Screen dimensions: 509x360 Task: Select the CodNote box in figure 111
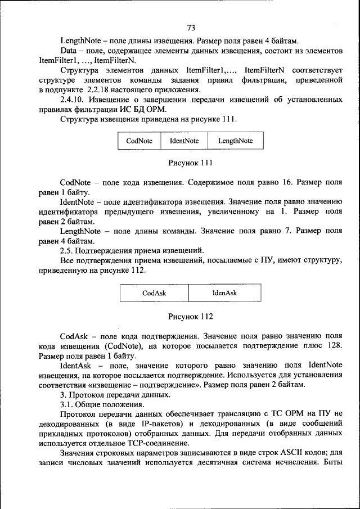[139, 141]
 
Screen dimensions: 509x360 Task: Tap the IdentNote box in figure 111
[184, 141]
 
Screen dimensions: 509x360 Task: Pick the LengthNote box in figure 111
[235, 141]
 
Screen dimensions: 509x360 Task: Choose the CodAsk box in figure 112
[154, 293]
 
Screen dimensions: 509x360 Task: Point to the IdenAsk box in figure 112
[224, 293]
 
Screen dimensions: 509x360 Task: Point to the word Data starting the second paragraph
[69, 51]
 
